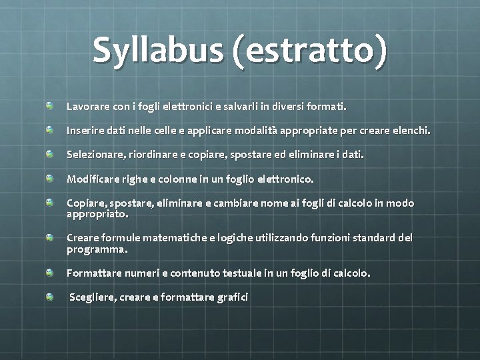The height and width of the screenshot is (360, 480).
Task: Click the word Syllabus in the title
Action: click(160, 50)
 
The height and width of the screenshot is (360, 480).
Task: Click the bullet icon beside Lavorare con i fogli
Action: click(50, 106)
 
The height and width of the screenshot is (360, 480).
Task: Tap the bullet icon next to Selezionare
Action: click(50, 154)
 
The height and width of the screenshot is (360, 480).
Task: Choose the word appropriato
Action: click(97, 215)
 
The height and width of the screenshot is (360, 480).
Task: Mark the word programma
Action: click(97, 249)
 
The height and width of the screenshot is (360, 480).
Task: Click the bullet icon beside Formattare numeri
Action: click(50, 273)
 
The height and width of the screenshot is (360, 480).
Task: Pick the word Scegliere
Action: click(93, 297)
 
